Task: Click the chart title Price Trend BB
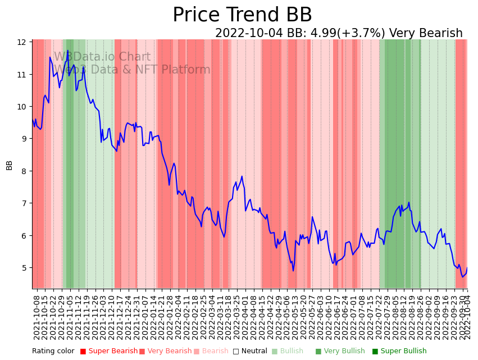click(x=242, y=15)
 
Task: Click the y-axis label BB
click(x=10, y=165)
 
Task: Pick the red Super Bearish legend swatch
click(x=83, y=352)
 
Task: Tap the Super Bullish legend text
click(x=403, y=352)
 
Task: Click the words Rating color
click(x=53, y=352)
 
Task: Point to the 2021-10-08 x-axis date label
click(x=37, y=317)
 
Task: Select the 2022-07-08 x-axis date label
click(x=362, y=317)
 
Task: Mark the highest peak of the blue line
click(x=68, y=51)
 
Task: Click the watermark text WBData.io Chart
click(x=102, y=57)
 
